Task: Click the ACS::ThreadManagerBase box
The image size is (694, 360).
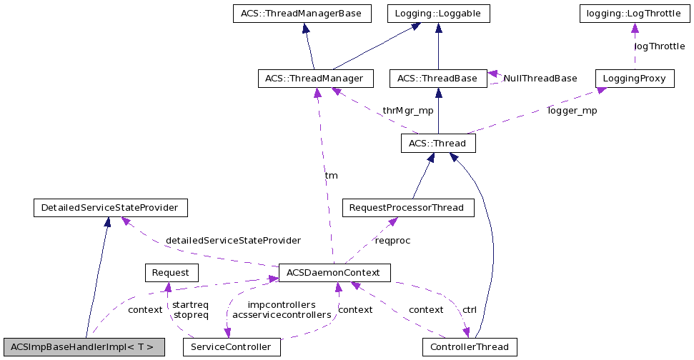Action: (x=302, y=14)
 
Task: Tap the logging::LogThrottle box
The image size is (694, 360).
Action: (x=634, y=14)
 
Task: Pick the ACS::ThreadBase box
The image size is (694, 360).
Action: (x=437, y=78)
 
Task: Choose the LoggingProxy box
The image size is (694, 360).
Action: (x=635, y=78)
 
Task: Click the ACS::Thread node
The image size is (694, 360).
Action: (x=437, y=144)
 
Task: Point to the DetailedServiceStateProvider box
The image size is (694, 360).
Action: (x=110, y=208)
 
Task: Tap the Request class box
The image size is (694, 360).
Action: (x=171, y=272)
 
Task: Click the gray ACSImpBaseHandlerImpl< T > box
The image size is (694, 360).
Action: (x=84, y=347)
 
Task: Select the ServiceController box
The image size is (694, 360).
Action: (x=232, y=347)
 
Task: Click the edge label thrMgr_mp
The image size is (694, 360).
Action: (x=407, y=111)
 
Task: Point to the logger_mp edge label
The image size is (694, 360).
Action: (x=572, y=111)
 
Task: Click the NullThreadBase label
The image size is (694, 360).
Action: (x=540, y=78)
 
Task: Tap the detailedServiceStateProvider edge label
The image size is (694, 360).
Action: (x=233, y=240)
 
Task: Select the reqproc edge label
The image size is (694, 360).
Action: (x=392, y=240)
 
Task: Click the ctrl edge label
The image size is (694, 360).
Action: (x=470, y=310)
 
